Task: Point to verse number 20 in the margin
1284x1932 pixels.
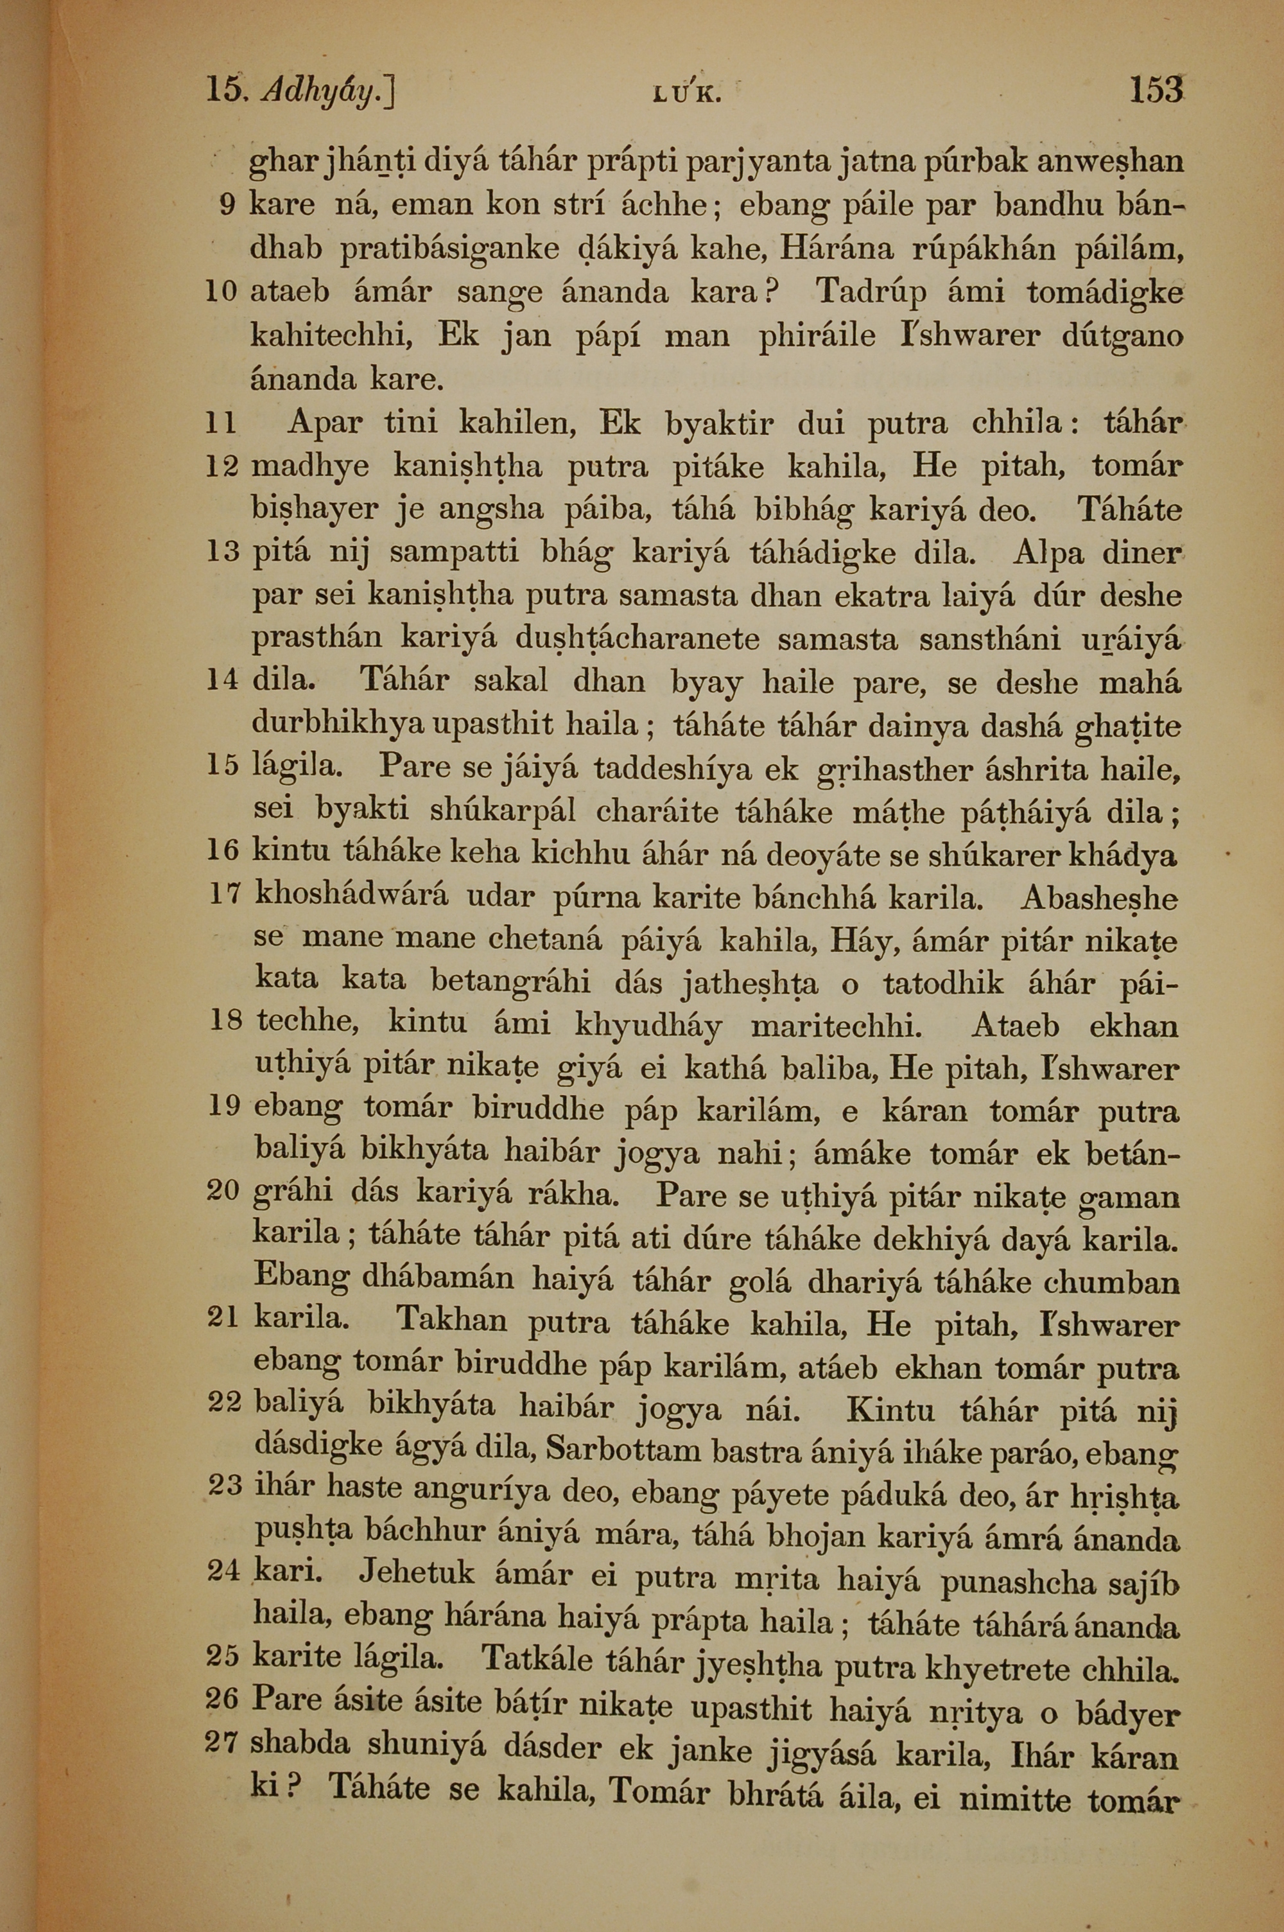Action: [222, 1190]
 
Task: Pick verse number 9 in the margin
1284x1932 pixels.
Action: [229, 206]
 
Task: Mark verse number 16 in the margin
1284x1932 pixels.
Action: [222, 851]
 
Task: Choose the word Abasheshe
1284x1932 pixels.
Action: [1099, 899]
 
